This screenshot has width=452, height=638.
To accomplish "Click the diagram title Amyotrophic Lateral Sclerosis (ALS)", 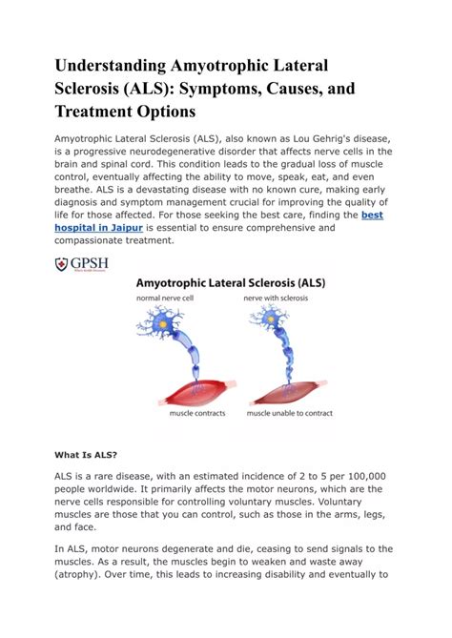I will (x=241, y=283).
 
